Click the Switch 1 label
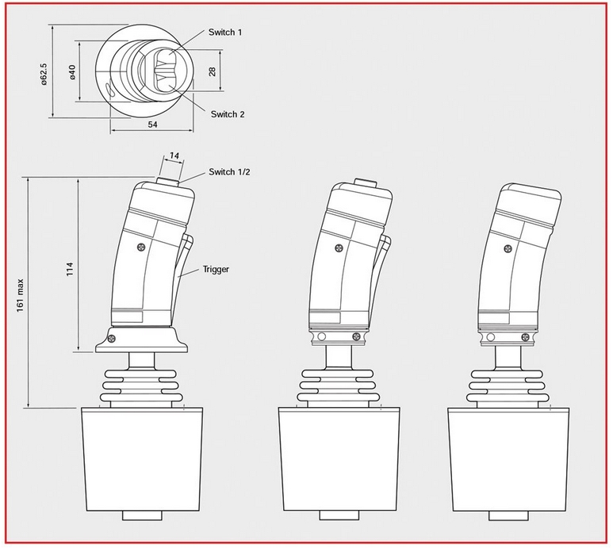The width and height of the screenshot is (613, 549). [x=224, y=32]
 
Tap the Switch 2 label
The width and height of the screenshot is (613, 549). [x=228, y=114]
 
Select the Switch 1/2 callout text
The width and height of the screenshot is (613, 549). [x=229, y=171]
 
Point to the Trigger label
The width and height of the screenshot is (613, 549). [x=216, y=269]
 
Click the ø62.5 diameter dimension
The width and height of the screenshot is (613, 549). [x=44, y=74]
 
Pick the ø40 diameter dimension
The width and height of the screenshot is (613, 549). [x=72, y=72]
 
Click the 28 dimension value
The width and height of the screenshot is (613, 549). [x=213, y=71]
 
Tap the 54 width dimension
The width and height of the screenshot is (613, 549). [x=152, y=125]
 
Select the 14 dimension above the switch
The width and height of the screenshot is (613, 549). [x=174, y=155]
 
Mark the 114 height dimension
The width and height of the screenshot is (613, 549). [x=70, y=269]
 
